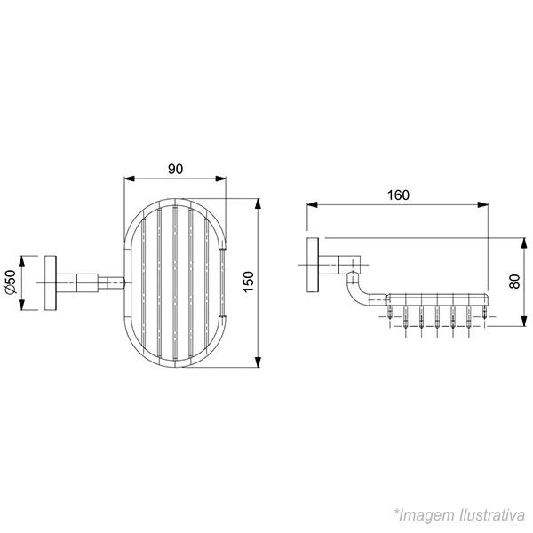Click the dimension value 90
point(175,169)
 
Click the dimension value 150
point(249,282)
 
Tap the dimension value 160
point(398,195)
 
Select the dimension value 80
point(514,282)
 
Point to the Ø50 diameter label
point(11,282)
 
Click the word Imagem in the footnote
point(427,515)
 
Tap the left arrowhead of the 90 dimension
point(130,179)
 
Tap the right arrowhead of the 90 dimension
point(220,179)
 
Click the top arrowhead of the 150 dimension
point(259,204)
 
